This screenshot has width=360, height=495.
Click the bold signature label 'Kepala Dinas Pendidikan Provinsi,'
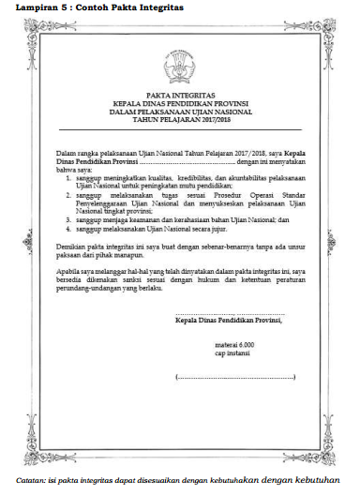coord(228,319)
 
